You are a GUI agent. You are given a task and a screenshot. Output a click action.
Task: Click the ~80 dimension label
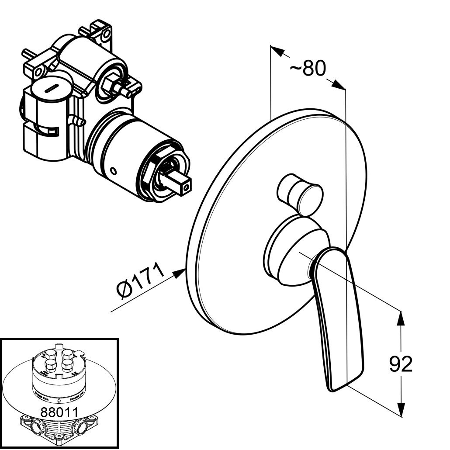pyautogui.click(x=308, y=69)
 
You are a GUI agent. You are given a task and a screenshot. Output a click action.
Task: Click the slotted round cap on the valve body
pyautogui.click(x=49, y=90)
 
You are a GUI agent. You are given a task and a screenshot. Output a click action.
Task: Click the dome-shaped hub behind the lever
pyautogui.click(x=288, y=253)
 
